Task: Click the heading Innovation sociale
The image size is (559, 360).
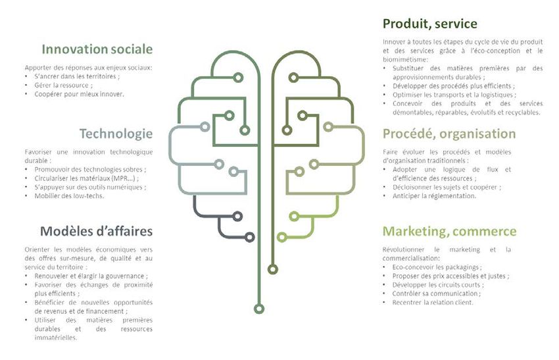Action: click(x=97, y=49)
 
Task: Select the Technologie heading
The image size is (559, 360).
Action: click(x=116, y=134)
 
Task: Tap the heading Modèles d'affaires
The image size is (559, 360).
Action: click(x=96, y=231)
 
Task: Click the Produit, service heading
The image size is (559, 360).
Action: click(x=429, y=24)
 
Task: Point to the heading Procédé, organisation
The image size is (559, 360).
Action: click(x=449, y=134)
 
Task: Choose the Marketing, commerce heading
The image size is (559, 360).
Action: click(x=449, y=232)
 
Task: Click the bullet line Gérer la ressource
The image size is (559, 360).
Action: click(x=63, y=86)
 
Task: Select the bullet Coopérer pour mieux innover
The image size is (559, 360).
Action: click(x=79, y=94)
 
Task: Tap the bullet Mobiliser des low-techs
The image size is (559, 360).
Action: click(x=69, y=195)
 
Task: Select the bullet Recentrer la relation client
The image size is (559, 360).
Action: click(x=433, y=302)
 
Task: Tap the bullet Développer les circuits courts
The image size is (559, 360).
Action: click(x=437, y=285)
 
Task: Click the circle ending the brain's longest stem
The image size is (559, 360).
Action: click(x=260, y=308)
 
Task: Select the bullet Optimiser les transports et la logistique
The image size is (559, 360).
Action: click(x=452, y=94)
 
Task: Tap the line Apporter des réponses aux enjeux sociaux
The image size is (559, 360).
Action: click(x=89, y=68)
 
